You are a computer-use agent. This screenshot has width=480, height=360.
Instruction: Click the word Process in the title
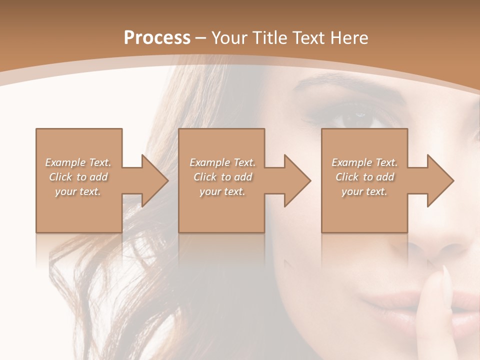[x=157, y=38]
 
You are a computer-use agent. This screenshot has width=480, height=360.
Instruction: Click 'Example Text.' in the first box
[x=78, y=162]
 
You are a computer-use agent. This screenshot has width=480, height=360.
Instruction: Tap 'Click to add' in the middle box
[x=222, y=177]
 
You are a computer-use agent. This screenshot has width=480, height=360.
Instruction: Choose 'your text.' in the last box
[x=364, y=191]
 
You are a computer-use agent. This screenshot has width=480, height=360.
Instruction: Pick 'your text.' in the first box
[x=78, y=191]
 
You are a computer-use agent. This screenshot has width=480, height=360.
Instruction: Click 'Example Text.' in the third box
[x=364, y=162]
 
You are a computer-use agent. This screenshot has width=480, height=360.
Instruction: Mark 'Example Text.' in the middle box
[x=222, y=162]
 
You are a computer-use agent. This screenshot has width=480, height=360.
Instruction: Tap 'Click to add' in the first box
[x=78, y=177]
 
